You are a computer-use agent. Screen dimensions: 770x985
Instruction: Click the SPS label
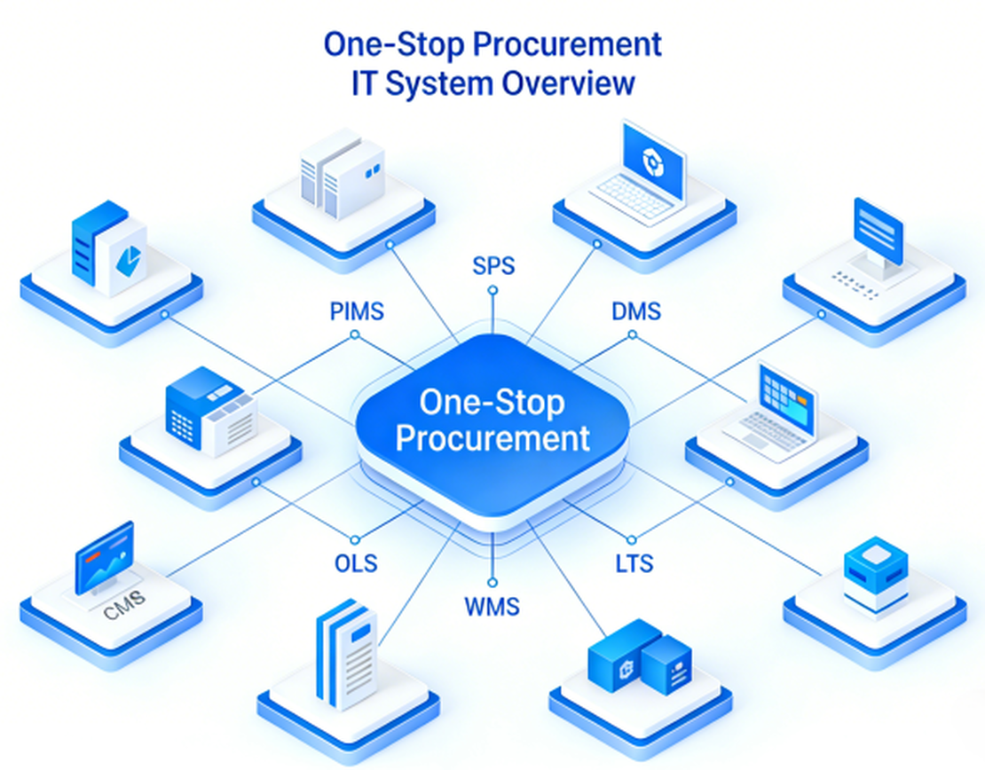[493, 266]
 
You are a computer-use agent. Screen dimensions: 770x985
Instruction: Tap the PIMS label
[356, 311]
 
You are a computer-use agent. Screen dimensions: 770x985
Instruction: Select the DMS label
[636, 311]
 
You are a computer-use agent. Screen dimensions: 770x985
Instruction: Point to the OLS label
[356, 562]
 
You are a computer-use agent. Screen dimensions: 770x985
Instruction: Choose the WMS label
[492, 608]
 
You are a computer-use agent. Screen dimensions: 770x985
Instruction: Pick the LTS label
[634, 562]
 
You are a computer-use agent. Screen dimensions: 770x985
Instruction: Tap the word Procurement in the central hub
[492, 437]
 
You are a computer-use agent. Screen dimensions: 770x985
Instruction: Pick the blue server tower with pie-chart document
[109, 249]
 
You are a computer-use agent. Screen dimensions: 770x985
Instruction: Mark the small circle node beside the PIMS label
[355, 334]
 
